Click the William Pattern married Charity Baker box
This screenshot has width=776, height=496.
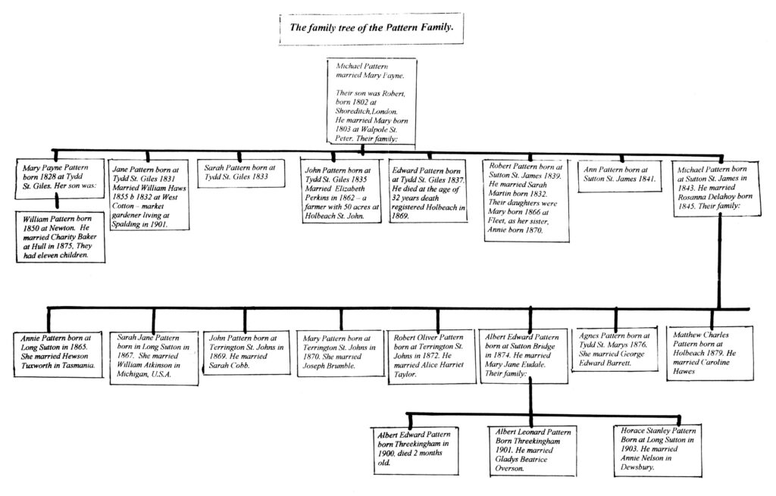(61, 237)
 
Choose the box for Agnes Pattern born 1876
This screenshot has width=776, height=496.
(615, 350)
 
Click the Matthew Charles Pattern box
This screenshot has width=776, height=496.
(710, 353)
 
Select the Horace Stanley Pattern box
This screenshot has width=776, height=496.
(658, 450)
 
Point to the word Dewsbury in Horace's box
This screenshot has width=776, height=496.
(637, 466)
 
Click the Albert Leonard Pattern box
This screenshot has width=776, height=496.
(533, 451)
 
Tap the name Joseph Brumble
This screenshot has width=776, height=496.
(329, 367)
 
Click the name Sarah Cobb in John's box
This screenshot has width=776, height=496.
(229, 366)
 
